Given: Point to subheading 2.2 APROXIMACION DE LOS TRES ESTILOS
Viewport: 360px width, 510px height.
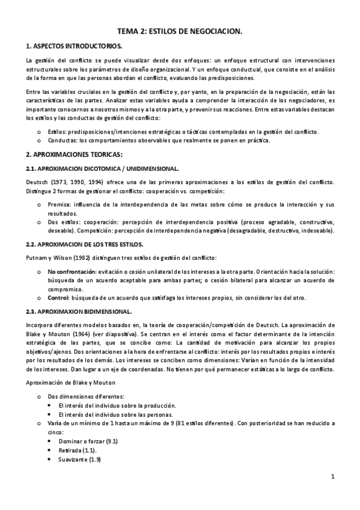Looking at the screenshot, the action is pyautogui.click(x=85, y=245).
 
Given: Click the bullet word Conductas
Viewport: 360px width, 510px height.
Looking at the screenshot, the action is pyautogui.click(x=63, y=140).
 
